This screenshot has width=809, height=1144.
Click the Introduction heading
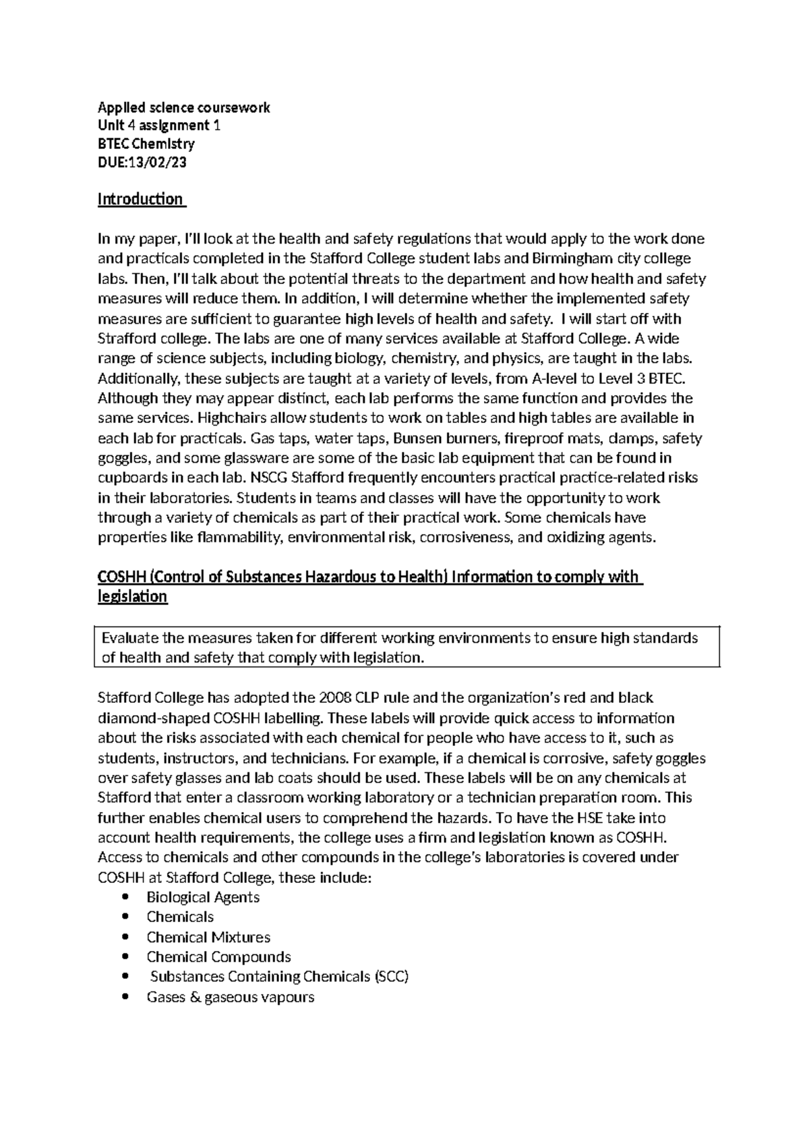140,199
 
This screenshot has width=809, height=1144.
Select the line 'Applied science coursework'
183,107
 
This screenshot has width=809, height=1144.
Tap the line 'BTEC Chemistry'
146,144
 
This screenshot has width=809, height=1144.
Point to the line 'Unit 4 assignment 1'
159,125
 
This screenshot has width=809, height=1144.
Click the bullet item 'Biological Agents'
203,897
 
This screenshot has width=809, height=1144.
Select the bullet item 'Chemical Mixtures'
208,937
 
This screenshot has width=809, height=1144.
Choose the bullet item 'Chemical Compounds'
218,957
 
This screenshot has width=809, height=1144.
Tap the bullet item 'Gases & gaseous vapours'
231,997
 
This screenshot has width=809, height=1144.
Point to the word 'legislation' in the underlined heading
132,597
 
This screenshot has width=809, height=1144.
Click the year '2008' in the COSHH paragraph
335,697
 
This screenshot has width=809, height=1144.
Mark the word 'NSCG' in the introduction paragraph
268,478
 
